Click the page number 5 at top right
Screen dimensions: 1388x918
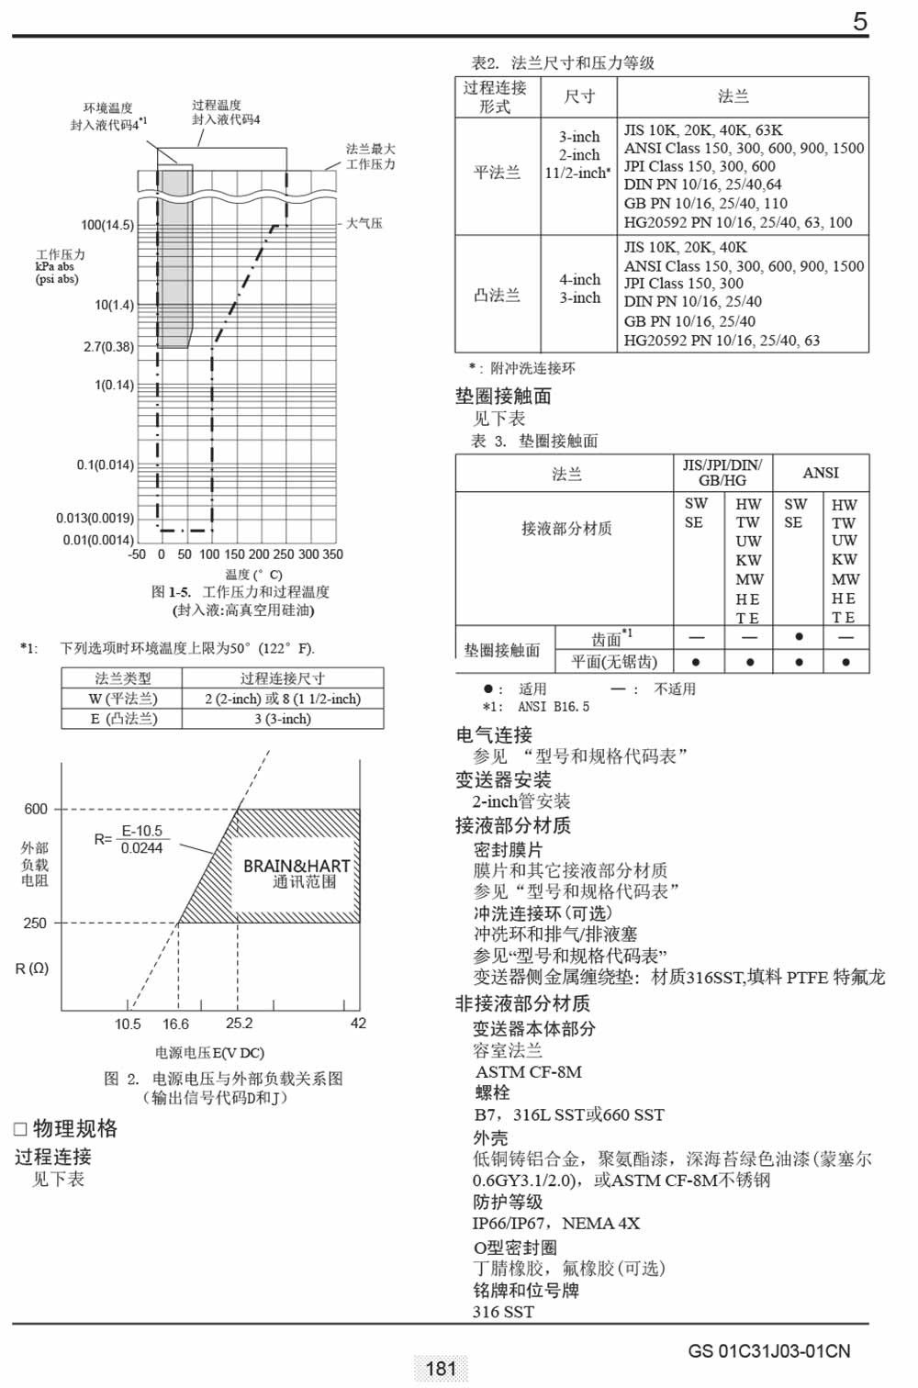(x=859, y=21)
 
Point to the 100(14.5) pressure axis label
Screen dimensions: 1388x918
(x=107, y=225)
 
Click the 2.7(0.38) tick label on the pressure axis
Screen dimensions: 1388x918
(x=108, y=347)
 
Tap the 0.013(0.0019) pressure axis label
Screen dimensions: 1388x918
(x=95, y=518)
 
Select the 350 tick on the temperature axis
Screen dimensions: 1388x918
(x=333, y=554)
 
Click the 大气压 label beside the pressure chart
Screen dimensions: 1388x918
(x=364, y=223)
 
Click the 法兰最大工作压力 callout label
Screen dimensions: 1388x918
(x=370, y=156)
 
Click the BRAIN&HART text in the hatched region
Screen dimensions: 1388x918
(x=297, y=866)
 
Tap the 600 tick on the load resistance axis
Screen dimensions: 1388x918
(x=36, y=809)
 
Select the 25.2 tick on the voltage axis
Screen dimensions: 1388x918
(x=239, y=1024)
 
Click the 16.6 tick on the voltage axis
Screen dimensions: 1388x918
(x=175, y=1024)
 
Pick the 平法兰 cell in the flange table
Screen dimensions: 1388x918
(x=497, y=172)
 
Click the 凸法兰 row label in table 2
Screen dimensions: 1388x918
(x=497, y=295)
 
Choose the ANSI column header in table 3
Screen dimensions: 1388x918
(x=821, y=473)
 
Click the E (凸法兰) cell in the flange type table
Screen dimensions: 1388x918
(x=123, y=719)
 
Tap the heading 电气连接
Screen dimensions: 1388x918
(x=494, y=734)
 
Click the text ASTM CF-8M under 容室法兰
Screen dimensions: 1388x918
(x=529, y=1071)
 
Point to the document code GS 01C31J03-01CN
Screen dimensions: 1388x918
(x=769, y=1351)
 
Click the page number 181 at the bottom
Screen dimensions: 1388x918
(x=442, y=1369)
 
